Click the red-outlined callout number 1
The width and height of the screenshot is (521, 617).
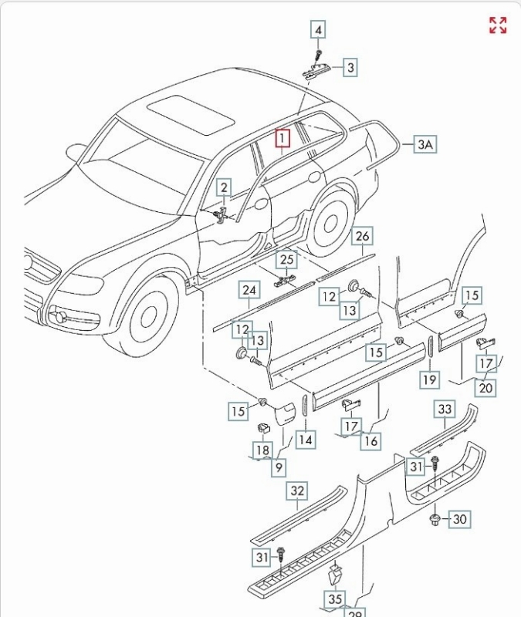click(283, 139)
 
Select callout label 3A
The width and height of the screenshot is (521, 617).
click(425, 144)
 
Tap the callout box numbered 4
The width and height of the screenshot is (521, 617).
click(318, 30)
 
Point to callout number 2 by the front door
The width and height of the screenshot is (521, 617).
click(223, 187)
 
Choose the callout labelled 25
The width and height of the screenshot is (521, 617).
click(287, 260)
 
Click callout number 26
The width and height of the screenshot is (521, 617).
click(363, 236)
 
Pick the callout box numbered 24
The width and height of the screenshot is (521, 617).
click(249, 291)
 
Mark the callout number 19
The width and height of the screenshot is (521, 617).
click(430, 379)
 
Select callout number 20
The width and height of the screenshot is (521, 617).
click(485, 388)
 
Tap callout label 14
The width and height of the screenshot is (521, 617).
click(306, 440)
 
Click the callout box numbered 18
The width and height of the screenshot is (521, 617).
click(262, 450)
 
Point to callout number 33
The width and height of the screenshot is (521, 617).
click(445, 410)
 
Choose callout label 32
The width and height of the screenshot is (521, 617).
click(297, 491)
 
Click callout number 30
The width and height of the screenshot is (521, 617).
click(459, 519)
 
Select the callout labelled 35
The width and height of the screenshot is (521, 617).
click(335, 598)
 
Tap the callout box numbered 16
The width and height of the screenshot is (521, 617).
click(371, 440)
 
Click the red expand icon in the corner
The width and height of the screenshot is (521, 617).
click(498, 25)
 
